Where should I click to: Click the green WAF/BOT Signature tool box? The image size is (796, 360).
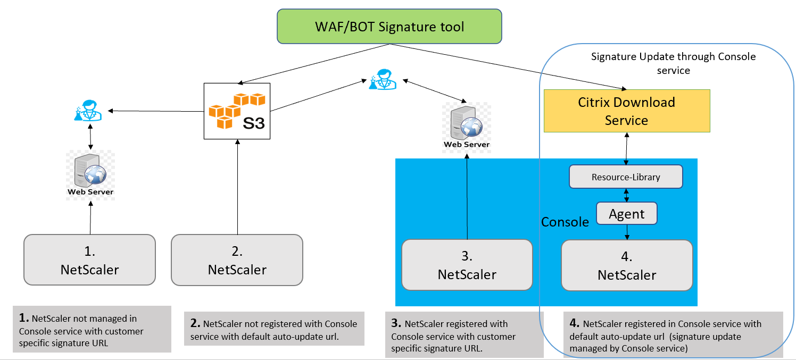389,27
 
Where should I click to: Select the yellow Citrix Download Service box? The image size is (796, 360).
627,111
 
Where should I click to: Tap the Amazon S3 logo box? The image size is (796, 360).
237,111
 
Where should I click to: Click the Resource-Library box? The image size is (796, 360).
626,177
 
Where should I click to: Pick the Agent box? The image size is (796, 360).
627,213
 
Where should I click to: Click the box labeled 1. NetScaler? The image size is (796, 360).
89,260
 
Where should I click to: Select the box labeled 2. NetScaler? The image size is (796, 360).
237,260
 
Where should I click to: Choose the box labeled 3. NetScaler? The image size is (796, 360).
467,265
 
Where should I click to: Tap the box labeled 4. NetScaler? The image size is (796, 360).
627,265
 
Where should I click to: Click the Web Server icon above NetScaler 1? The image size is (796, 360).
90,175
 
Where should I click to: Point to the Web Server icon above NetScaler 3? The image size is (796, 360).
467,128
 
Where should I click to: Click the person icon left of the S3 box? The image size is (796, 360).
88,111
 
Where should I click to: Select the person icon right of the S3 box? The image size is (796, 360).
383,79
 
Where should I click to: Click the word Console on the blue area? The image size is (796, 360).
565,222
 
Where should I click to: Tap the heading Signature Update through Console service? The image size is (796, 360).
673,63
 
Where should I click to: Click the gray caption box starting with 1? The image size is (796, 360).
92,329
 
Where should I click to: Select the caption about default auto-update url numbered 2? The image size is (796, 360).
274,329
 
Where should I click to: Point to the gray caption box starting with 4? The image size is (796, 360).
673,335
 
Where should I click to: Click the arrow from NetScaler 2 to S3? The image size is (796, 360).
237,187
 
